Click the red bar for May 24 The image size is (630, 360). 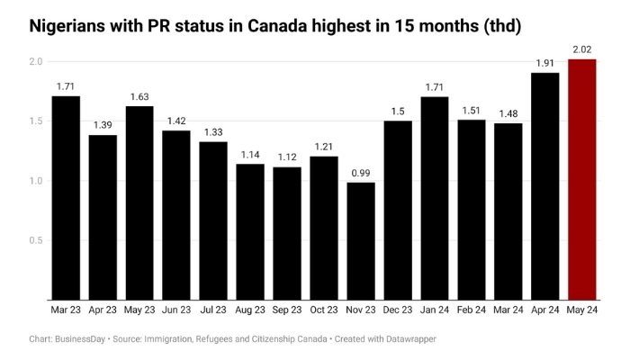point(582,179)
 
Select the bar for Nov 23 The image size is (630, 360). point(361,240)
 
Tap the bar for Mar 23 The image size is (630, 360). point(66,197)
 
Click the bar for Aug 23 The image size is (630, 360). point(250,231)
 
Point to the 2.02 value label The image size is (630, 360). point(582,49)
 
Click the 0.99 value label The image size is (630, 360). point(361,172)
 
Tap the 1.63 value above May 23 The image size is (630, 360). point(139,95)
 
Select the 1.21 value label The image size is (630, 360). point(324,146)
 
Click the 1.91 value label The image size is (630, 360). point(545,62)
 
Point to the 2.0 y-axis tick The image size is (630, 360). point(36,61)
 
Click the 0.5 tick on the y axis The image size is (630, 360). point(36,240)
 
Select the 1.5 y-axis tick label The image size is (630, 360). point(36,121)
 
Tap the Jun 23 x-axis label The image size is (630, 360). point(176,310)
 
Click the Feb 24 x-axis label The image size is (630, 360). point(472,310)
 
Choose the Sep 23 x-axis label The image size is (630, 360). point(287,310)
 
